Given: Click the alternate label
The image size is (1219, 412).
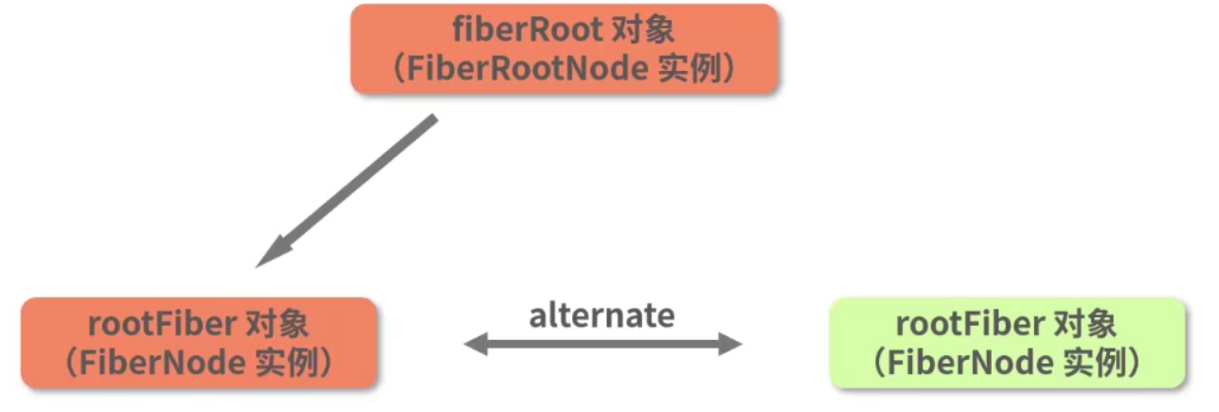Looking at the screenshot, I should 601,315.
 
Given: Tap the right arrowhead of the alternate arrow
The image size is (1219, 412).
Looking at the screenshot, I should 730,345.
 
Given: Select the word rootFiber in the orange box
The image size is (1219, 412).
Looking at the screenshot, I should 161,325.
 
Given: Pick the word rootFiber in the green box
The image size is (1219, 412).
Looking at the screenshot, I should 969,325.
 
